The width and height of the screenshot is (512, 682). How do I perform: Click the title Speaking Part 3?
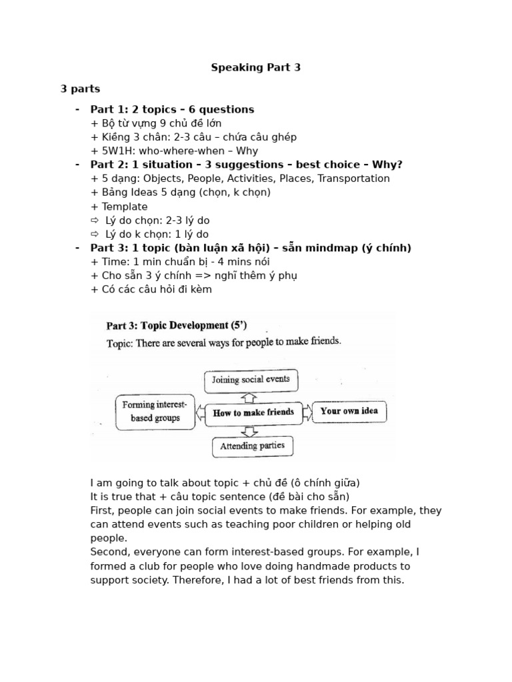point(256,67)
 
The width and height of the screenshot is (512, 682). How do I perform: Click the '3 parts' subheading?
point(81,89)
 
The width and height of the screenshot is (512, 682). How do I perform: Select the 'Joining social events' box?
point(251,380)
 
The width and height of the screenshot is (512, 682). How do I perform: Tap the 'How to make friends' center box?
point(253,412)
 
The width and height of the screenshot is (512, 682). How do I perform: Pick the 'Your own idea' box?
point(349,411)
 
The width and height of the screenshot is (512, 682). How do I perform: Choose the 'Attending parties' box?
point(252,446)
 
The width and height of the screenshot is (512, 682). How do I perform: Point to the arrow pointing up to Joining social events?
point(249,397)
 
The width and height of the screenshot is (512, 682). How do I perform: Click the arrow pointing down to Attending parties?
point(249,429)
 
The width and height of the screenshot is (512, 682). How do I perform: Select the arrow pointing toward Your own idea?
point(307,412)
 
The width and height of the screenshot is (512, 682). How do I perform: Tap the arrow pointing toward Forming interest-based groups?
point(200,413)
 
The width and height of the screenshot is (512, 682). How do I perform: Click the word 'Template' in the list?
point(125,206)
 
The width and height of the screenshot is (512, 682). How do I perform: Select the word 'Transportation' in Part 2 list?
point(357,178)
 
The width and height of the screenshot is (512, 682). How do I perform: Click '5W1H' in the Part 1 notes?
point(118,151)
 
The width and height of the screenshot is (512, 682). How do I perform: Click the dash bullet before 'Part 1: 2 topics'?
point(77,109)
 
